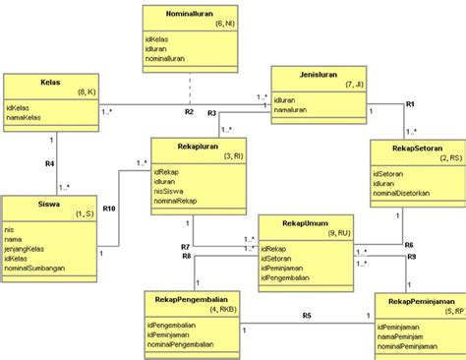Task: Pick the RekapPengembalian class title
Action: [193, 296]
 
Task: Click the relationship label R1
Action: [411, 103]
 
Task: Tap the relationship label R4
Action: [48, 163]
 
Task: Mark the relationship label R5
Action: [307, 315]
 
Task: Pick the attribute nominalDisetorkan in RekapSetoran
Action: [408, 193]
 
